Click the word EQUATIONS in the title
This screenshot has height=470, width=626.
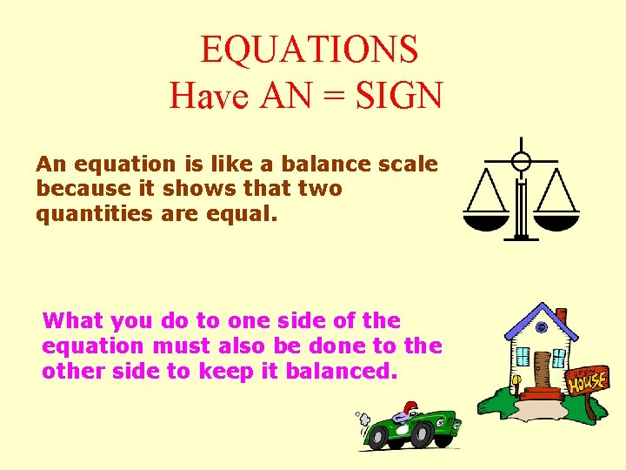click(x=310, y=50)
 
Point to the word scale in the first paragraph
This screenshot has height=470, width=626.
click(x=407, y=164)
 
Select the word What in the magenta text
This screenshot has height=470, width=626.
click(x=72, y=320)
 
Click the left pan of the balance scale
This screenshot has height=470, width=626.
click(x=485, y=223)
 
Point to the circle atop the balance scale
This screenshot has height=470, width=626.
click(x=521, y=161)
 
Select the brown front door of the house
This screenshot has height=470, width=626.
click(x=543, y=370)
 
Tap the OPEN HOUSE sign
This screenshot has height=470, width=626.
click(x=589, y=379)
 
